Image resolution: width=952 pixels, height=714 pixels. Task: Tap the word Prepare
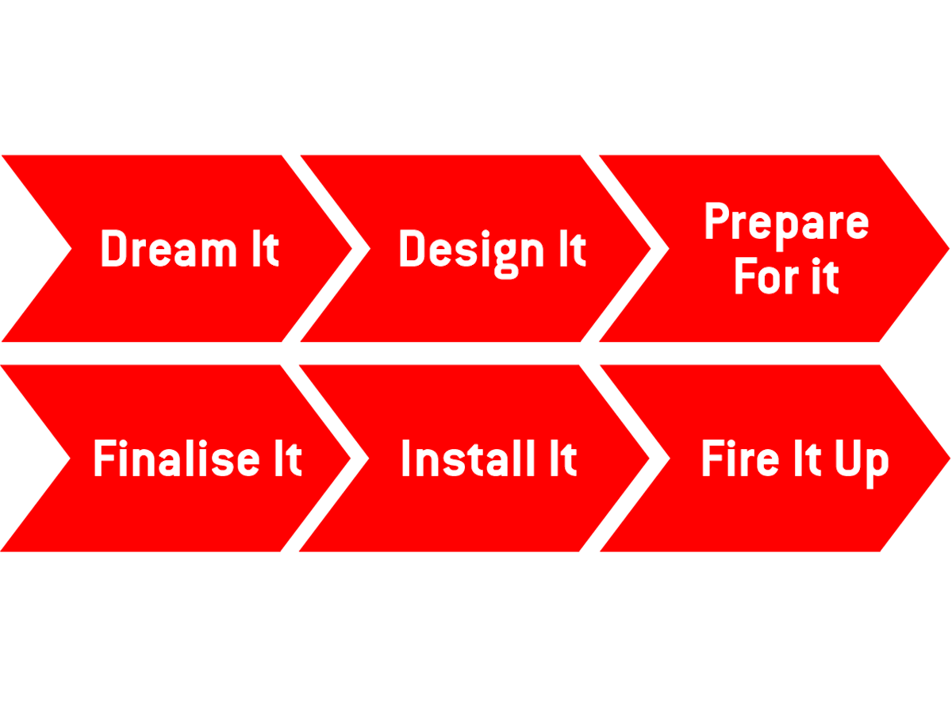pos(785,222)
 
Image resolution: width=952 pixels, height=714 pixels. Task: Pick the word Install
pos(456,459)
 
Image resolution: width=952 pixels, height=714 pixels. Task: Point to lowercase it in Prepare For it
pos(823,278)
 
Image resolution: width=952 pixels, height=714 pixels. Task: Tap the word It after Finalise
pos(283,459)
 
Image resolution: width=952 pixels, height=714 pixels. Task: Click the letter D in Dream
pos(113,249)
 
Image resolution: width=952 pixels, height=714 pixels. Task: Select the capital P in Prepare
pos(716,222)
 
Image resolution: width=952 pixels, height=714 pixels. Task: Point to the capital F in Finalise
pos(104,459)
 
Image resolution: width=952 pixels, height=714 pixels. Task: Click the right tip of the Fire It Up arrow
pos(948,459)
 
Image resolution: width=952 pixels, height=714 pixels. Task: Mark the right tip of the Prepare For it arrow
pos(948,248)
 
